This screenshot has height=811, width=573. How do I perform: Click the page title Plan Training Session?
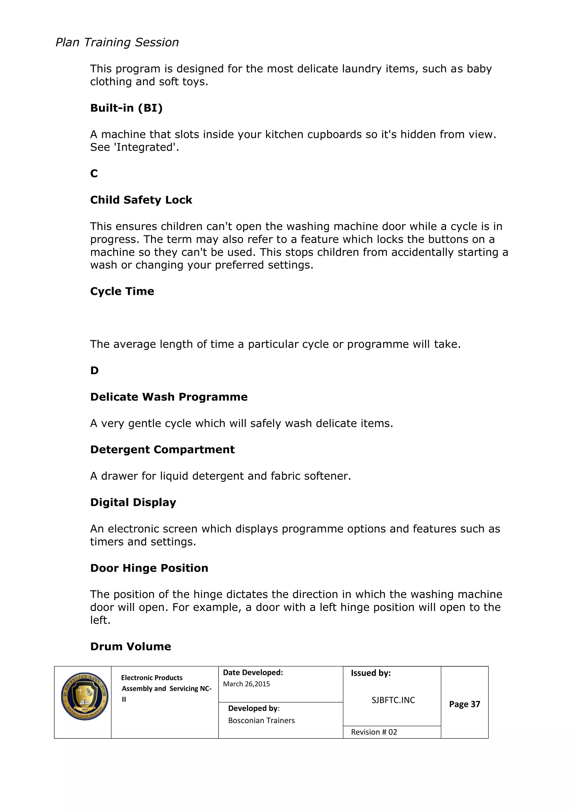[x=117, y=42]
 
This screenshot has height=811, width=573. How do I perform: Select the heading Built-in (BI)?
[x=126, y=108]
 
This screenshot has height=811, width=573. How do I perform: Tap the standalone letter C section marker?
[x=94, y=173]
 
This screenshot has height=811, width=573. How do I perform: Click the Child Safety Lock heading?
[x=141, y=200]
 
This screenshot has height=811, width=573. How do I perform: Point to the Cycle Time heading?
[x=122, y=291]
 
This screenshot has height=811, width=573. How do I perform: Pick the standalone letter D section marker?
[x=94, y=371]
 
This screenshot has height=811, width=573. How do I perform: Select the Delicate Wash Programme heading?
[x=169, y=397]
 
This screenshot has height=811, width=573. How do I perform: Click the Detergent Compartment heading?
[x=162, y=450]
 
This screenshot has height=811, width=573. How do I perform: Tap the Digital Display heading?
[x=133, y=502]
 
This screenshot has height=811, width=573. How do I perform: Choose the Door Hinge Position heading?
[x=149, y=568]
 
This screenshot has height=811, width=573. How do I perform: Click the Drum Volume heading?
[x=131, y=646]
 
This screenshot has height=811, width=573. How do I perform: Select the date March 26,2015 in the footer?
[x=246, y=684]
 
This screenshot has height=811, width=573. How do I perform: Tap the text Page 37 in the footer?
[x=464, y=704]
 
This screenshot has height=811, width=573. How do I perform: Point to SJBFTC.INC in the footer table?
[x=393, y=700]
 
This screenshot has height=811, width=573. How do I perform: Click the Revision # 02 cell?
[x=374, y=732]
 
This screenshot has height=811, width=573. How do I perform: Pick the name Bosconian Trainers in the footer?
[x=261, y=721]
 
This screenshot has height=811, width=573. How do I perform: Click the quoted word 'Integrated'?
[x=146, y=147]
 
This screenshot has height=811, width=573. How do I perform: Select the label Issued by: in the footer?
[x=370, y=673]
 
